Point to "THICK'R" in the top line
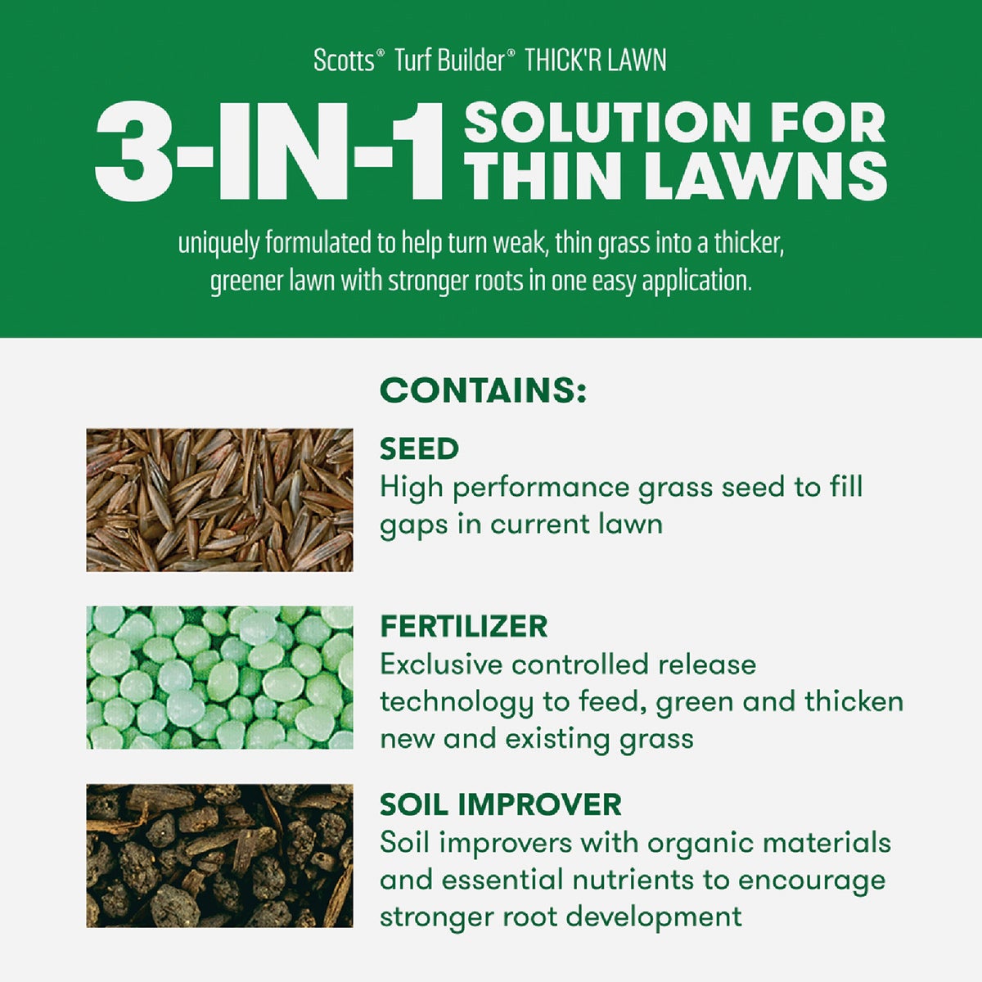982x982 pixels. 559,61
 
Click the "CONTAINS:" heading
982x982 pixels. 483,390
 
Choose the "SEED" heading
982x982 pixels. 419,449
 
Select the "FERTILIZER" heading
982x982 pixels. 463,627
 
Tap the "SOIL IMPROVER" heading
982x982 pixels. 500,805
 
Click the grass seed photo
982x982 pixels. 219,499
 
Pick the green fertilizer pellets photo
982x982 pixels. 219,678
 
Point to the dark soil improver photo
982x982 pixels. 219,856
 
